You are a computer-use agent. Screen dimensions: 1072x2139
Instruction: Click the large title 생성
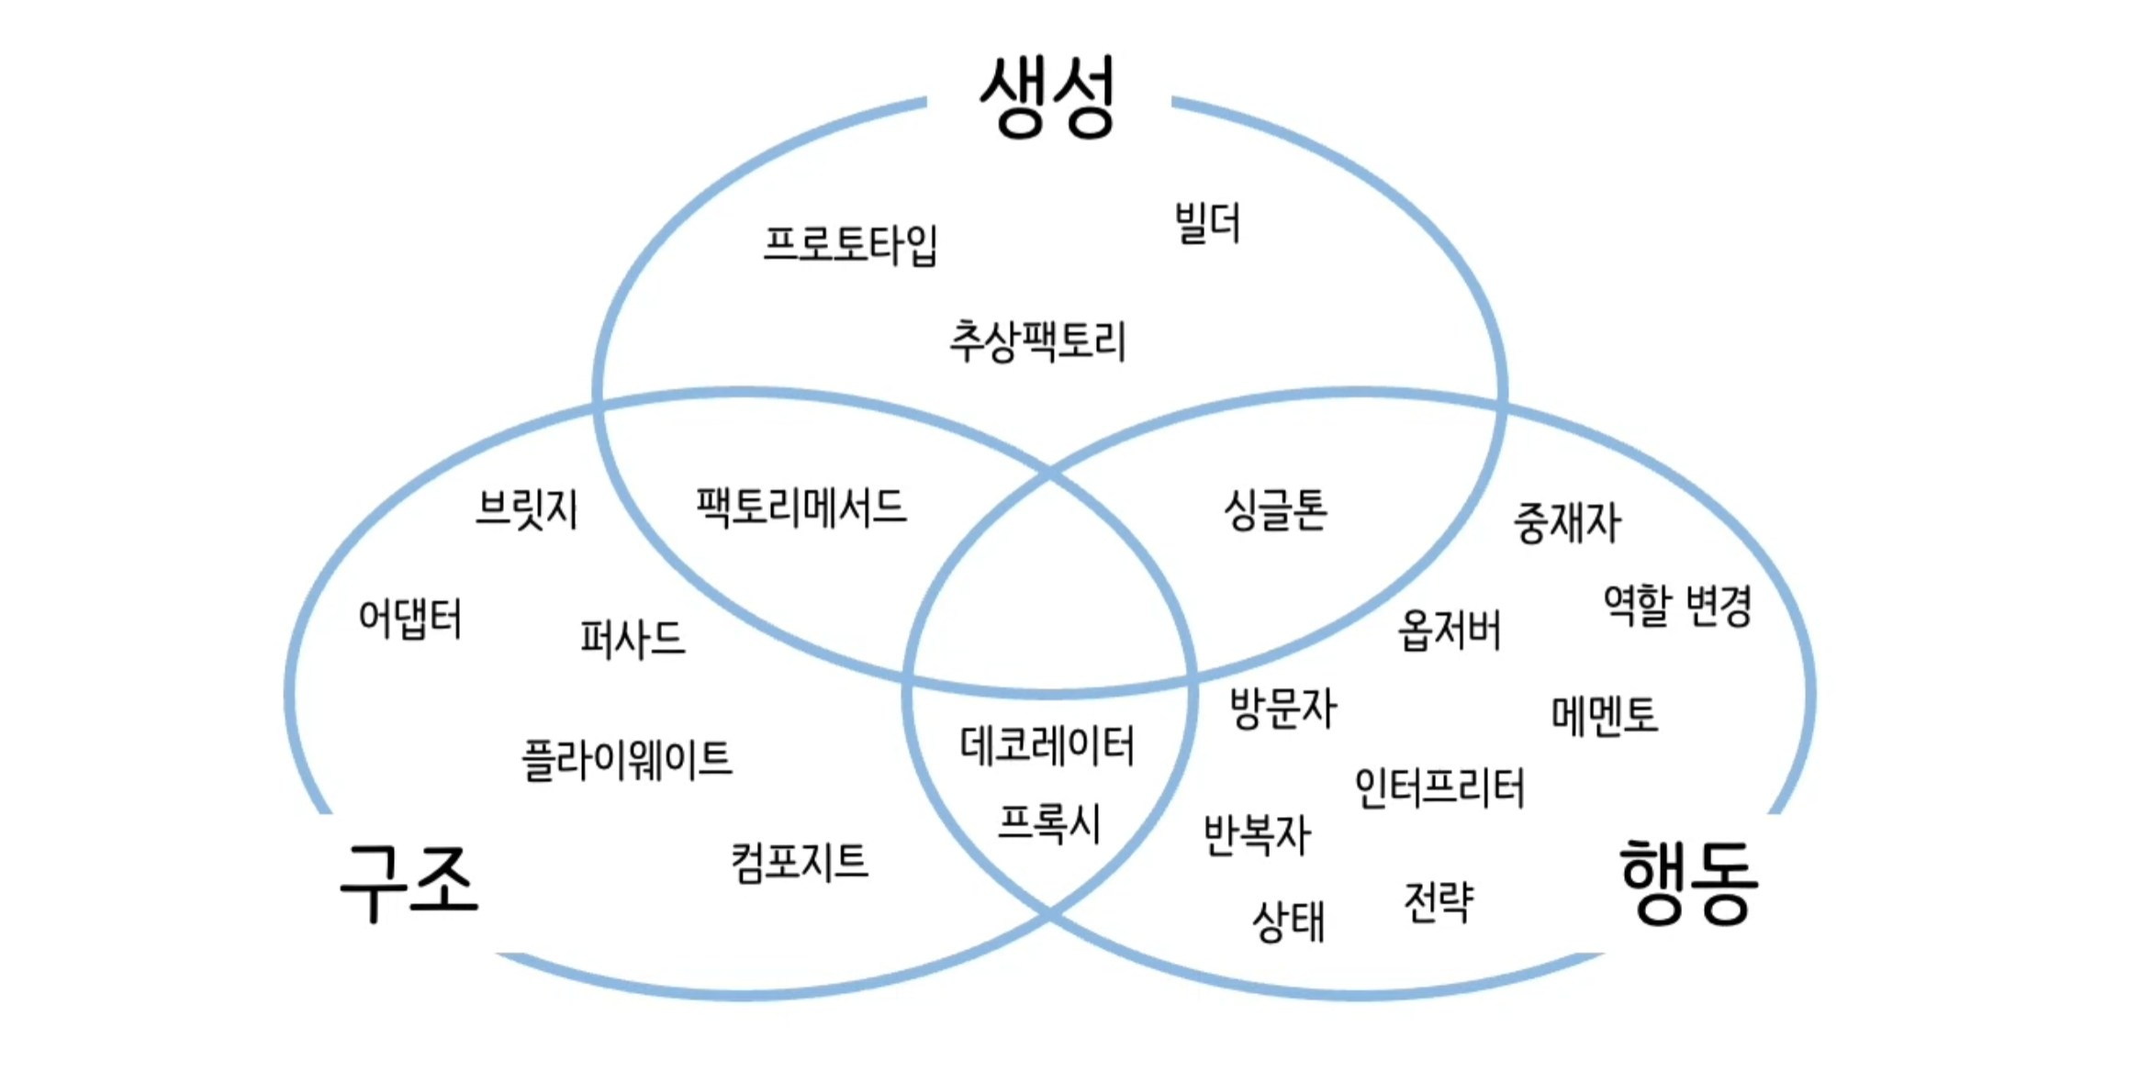tap(1047, 97)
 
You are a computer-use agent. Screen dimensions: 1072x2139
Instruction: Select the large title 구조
tap(409, 882)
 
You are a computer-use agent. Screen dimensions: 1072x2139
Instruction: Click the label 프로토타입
tap(850, 244)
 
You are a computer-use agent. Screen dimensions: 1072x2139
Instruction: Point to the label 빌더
tap(1207, 223)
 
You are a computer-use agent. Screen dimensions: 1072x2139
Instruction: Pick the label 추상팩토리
tap(1037, 341)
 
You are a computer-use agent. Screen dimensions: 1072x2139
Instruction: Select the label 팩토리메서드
tap(801, 507)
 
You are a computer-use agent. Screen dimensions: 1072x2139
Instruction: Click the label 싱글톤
tap(1275, 510)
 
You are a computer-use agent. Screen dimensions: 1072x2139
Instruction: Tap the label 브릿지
tap(526, 509)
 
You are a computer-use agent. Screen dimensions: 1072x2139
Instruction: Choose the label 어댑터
tap(409, 619)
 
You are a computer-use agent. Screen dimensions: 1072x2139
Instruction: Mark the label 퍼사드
tap(632, 638)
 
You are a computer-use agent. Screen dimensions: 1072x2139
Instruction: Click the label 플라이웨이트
tap(627, 760)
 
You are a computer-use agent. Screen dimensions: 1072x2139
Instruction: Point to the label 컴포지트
tap(799, 863)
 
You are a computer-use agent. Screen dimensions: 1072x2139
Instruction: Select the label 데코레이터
tap(1047, 745)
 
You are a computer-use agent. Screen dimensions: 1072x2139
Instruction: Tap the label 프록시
tap(1048, 823)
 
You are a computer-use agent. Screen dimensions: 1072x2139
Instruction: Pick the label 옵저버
tap(1449, 631)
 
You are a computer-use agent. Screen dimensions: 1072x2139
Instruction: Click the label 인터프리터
tap(1439, 787)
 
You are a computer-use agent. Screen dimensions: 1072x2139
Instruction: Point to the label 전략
tap(1439, 901)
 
